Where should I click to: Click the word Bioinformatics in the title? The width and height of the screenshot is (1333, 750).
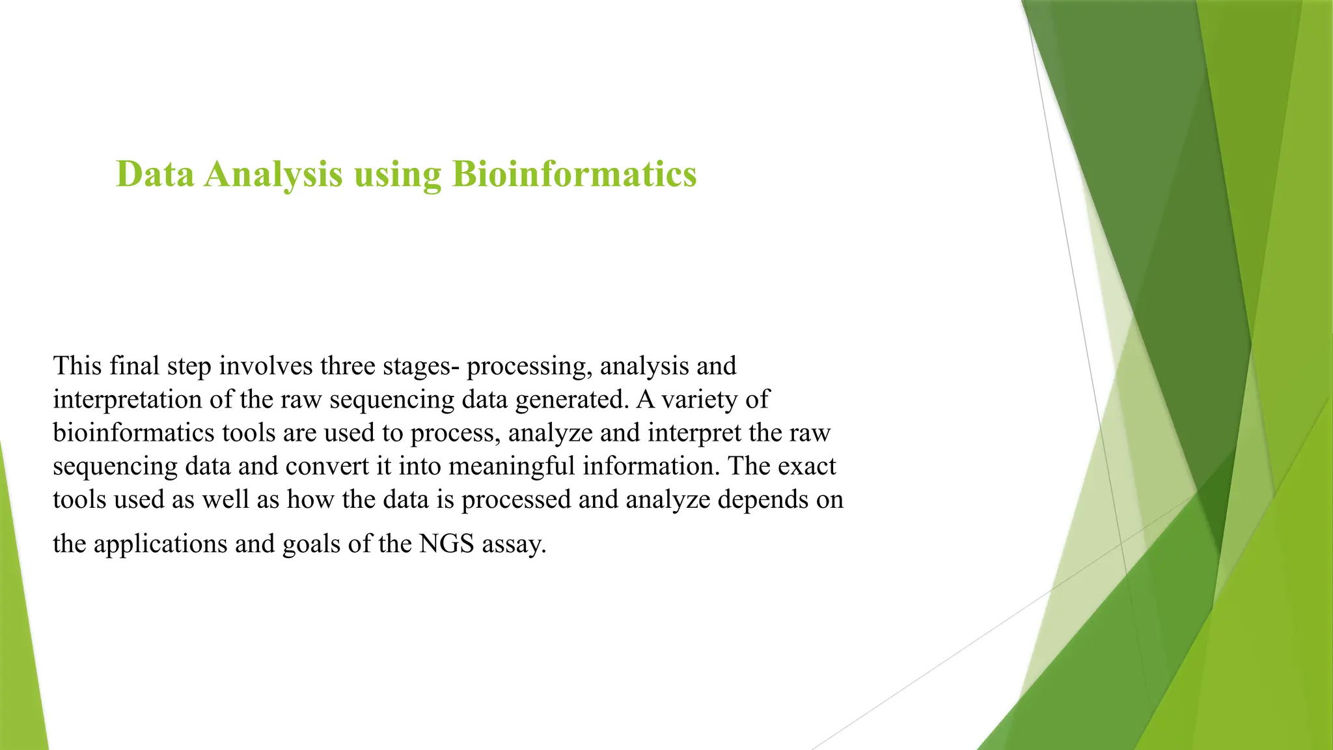(574, 174)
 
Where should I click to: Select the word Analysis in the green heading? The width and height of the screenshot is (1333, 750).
(273, 174)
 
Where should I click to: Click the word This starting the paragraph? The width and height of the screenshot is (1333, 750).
(77, 366)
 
